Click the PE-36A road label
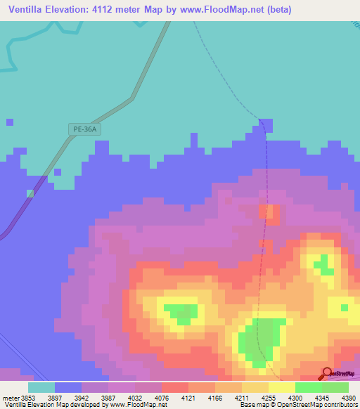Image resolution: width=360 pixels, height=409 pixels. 84,129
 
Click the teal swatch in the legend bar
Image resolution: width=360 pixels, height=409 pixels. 41,387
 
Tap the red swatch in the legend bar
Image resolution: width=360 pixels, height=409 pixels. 175,387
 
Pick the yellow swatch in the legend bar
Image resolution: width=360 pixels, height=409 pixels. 282,387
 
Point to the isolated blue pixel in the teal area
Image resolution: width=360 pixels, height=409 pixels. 10,122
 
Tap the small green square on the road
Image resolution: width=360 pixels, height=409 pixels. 30,193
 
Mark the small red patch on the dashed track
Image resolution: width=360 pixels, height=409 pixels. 269,212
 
